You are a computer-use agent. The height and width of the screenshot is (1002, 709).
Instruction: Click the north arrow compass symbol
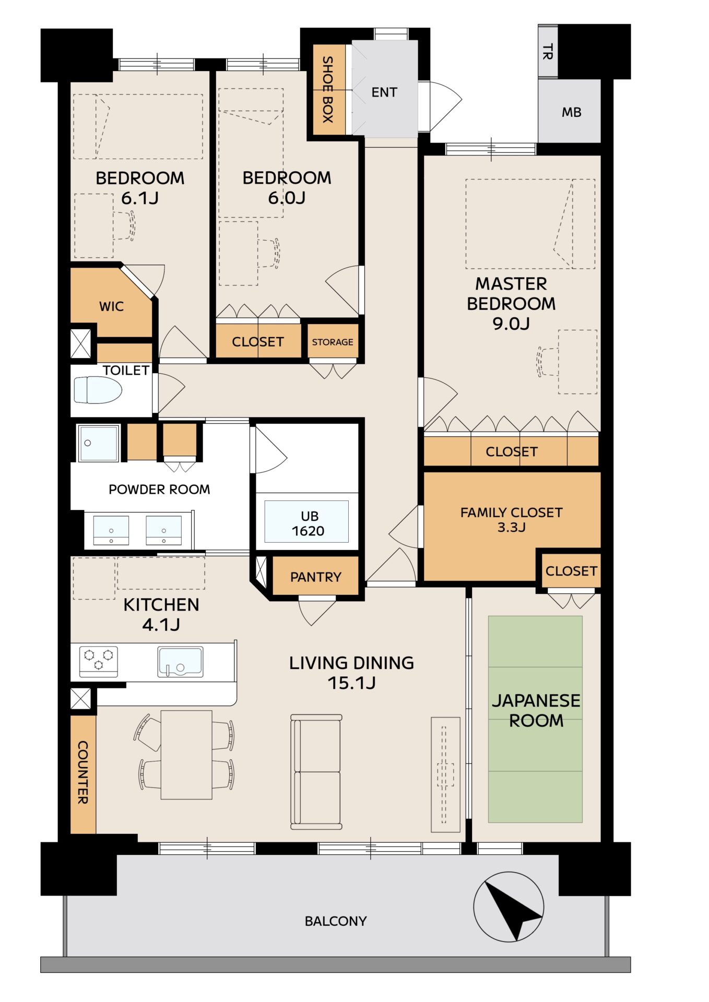pos(509,907)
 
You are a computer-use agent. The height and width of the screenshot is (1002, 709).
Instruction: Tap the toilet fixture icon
pos(98,390)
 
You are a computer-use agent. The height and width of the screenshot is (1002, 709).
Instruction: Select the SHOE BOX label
pos(327,89)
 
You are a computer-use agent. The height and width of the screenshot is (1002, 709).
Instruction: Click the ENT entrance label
pos(384,92)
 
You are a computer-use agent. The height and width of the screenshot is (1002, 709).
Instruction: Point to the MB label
pos(571,112)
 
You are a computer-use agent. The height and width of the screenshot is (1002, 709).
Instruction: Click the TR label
pos(547,52)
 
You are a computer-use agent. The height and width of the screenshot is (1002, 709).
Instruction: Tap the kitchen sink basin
pos(180,662)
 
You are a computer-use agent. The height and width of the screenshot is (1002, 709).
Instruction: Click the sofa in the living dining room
pos(316,772)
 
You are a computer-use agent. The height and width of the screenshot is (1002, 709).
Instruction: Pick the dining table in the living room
pos(186,755)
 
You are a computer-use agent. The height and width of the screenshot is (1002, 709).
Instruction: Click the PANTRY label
pos(316,577)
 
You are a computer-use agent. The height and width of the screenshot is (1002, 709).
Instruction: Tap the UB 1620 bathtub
pos(306,521)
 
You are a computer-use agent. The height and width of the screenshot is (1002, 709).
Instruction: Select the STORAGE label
pos(333,342)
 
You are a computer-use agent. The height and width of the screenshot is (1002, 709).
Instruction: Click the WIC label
pos(112,306)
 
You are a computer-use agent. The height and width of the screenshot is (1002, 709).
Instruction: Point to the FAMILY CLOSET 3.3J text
pos(511,520)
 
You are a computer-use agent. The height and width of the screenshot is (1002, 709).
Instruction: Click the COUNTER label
pos(82,772)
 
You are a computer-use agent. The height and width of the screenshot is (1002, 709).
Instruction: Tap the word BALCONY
pos(336,921)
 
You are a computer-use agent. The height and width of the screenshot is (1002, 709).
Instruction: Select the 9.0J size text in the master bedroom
pos(511,324)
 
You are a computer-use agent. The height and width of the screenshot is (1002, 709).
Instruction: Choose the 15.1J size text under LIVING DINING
pos(351,683)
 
